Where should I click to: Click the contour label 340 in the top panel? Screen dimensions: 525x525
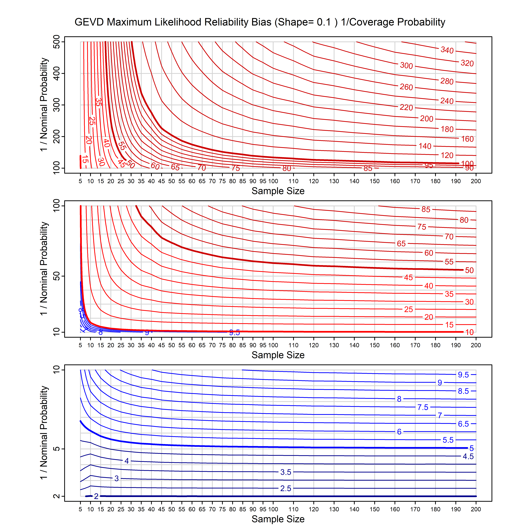point(447,50)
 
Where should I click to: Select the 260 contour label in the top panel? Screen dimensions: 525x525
point(406,87)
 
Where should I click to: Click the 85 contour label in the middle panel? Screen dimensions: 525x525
point(426,209)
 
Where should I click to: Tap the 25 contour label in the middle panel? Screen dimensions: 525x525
point(408,309)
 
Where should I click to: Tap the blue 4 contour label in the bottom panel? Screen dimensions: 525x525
point(127,461)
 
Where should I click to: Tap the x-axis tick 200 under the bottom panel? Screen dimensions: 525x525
point(476,509)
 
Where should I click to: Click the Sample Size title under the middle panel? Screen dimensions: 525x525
point(278,355)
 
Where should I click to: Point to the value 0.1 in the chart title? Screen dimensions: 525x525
point(324,22)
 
